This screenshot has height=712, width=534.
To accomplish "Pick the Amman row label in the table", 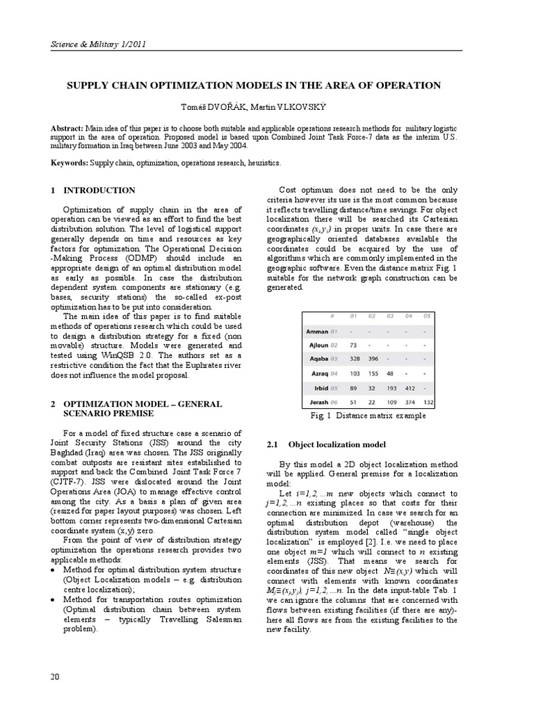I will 320,331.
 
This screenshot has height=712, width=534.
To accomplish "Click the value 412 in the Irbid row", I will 409,388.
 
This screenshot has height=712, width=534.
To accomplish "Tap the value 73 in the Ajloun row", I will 353,346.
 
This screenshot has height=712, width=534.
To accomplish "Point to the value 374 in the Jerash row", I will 409,402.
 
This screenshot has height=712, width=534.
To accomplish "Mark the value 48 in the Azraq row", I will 390,374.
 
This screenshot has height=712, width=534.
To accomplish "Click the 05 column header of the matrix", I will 427,316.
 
